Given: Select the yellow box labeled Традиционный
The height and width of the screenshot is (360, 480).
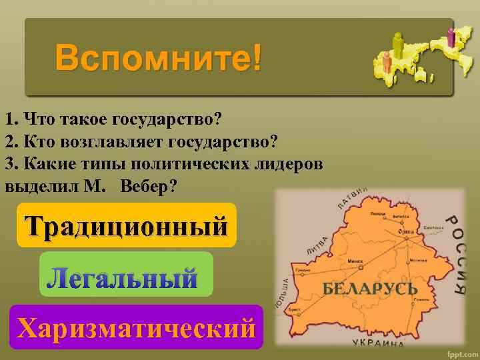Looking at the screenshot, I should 127,225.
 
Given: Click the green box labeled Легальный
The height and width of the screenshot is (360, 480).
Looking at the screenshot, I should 126,275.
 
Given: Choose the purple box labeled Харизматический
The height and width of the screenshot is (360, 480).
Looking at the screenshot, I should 137,328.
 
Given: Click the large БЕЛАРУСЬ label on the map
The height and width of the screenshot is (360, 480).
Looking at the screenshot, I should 370,289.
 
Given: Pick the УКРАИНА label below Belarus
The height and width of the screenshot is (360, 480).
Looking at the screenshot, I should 377,343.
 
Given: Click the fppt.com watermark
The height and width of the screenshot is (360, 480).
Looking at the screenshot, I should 460,351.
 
